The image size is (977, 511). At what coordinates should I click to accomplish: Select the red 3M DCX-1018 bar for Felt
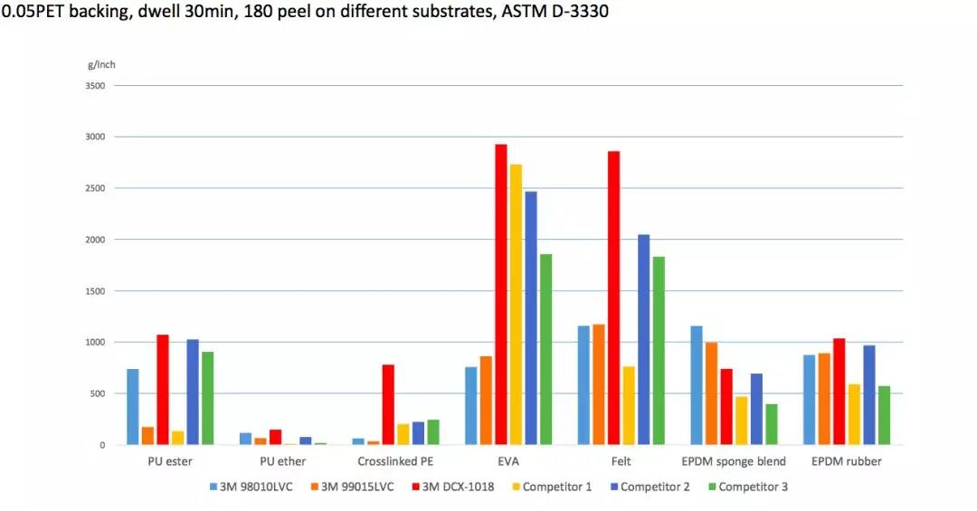[x=613, y=298]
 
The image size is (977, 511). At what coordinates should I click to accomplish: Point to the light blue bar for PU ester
[x=133, y=407]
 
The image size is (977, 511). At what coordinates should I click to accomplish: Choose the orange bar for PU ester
[x=147, y=435]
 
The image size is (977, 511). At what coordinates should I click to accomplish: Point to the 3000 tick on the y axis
[x=95, y=137]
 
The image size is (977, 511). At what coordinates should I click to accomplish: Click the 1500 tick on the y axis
[x=95, y=291]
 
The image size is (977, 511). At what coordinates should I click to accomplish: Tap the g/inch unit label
[x=101, y=64]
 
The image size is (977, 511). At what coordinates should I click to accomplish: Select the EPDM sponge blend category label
[x=734, y=461]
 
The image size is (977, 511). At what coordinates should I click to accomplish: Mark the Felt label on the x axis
[x=621, y=461]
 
